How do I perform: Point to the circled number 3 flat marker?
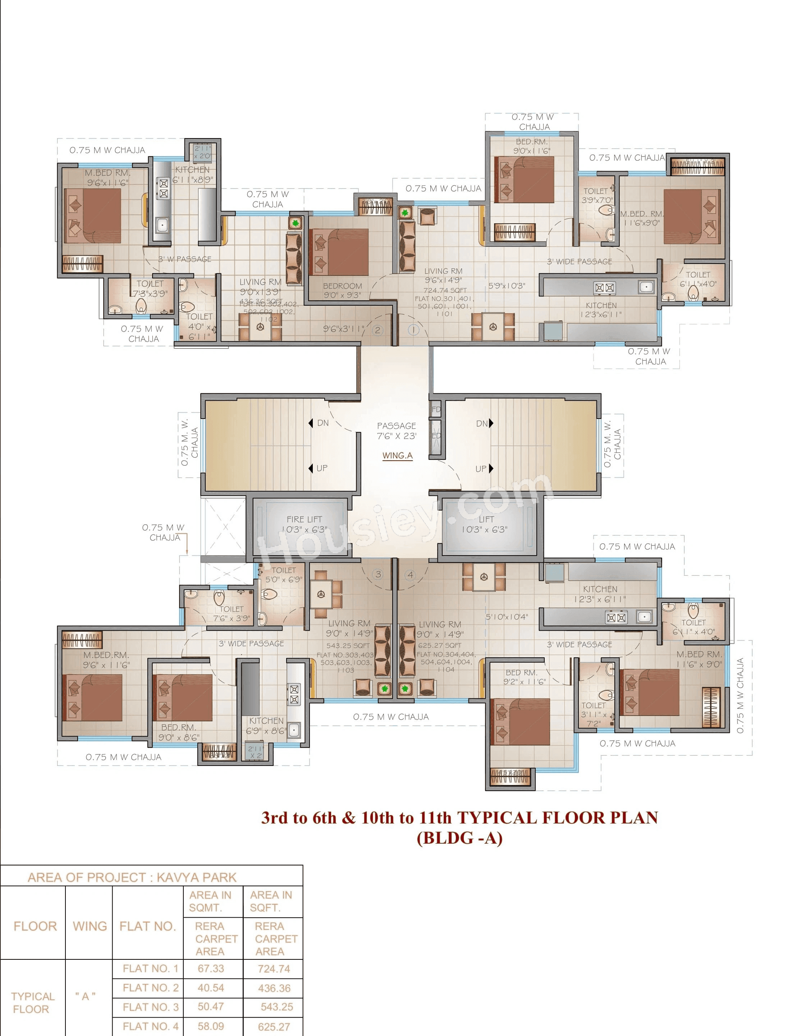coord(377,574)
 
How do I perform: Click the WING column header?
coord(90,926)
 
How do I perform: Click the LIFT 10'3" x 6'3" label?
coord(485,524)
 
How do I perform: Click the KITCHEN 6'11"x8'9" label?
coord(193,174)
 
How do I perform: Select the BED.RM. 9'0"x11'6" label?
coord(532,146)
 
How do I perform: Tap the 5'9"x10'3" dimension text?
coord(507,286)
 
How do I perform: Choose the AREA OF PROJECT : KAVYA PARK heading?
coord(132,877)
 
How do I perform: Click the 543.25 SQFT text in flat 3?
coord(348,645)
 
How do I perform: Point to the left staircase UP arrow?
coord(311,468)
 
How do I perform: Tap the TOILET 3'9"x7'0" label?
coord(598,195)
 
